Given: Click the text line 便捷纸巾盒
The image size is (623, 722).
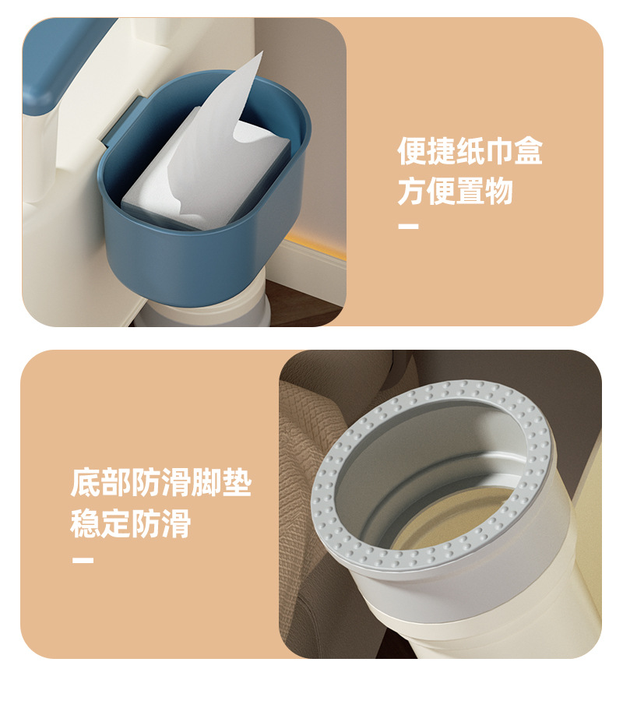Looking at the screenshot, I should (470, 151).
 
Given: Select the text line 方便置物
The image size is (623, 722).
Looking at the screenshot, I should (455, 191).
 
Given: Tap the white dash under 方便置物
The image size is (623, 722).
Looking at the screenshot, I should (408, 227).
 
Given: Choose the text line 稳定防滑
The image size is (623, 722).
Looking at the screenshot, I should (131, 523).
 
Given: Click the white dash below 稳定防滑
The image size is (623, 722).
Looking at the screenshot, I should (83, 560).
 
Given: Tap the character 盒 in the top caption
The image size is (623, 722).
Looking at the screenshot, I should (528, 151).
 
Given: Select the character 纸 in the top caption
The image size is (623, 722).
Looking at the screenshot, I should (470, 151).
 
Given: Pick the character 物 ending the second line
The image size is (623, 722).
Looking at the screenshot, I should (498, 191).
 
